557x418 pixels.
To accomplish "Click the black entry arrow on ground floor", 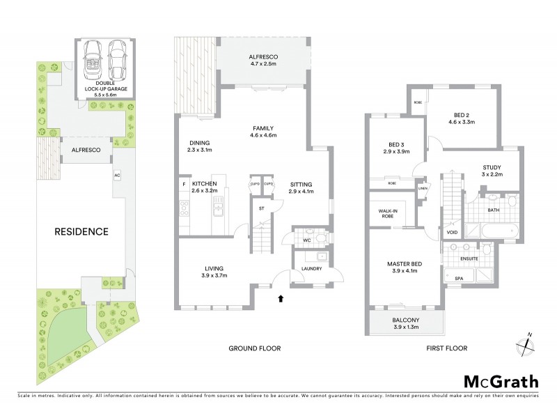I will [x=281, y=298].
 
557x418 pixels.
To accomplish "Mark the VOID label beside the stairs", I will [x=452, y=233].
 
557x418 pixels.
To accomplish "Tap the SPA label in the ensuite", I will [x=460, y=278].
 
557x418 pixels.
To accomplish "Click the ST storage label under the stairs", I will [x=261, y=207].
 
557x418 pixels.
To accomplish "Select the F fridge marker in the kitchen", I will [x=183, y=184].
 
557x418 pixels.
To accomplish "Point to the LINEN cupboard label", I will [x=423, y=188].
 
